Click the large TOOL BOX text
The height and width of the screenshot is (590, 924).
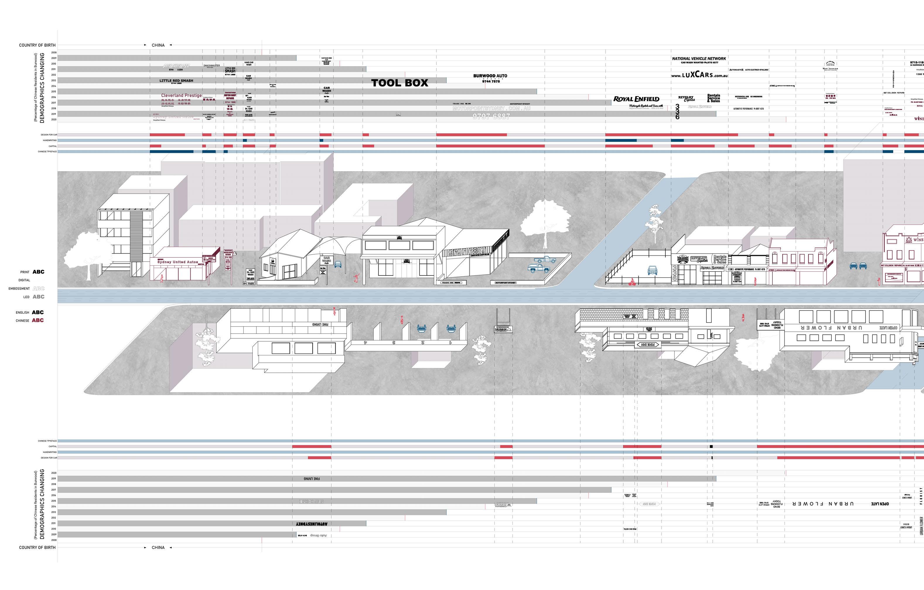[399, 83]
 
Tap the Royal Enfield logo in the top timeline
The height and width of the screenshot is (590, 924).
[636, 99]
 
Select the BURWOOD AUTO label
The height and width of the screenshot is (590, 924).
[490, 76]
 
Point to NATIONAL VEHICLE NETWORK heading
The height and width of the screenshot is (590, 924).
[699, 59]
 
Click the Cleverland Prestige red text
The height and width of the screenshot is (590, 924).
[181, 96]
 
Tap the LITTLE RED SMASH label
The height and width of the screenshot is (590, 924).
[176, 81]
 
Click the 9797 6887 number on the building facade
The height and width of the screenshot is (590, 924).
[467, 252]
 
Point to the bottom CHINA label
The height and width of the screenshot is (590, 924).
[158, 548]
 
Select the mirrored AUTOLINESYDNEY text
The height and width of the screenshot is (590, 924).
[312, 524]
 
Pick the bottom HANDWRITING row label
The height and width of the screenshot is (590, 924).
[49, 452]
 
